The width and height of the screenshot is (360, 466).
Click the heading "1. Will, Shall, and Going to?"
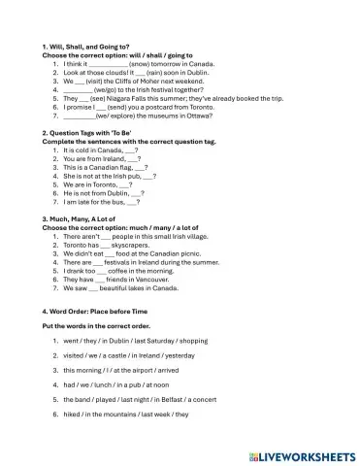click(x=85, y=47)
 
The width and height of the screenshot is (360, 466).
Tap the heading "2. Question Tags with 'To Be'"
click(x=90, y=130)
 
